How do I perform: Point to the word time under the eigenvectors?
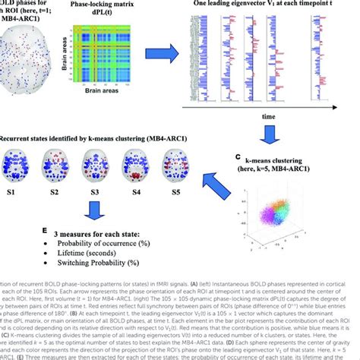[x=270, y=118]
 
